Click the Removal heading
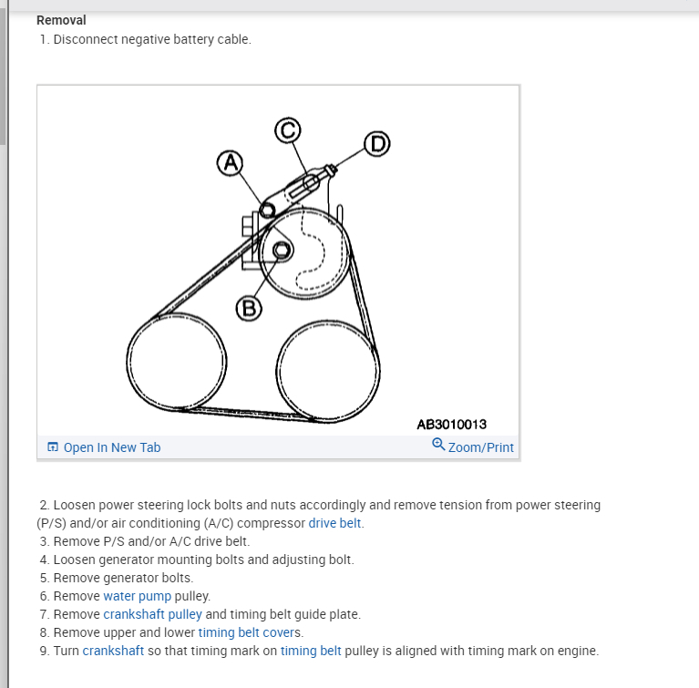click(61, 20)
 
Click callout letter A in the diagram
click(230, 163)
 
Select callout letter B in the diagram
click(248, 308)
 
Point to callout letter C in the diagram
click(288, 131)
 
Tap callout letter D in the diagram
click(375, 144)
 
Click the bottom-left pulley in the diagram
click(175, 365)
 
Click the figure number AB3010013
click(451, 425)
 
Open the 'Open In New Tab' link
click(111, 447)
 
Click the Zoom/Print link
click(480, 447)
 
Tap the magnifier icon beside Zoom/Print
click(438, 445)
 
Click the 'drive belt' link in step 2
click(335, 523)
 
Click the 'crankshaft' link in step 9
click(114, 651)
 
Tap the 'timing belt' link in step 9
click(311, 651)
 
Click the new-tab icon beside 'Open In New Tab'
click(53, 447)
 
